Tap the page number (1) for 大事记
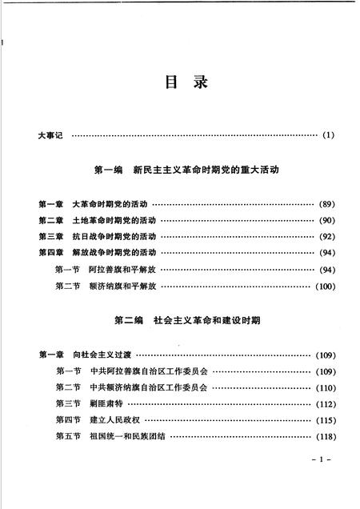(328, 135)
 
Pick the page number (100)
(324, 286)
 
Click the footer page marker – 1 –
(319, 463)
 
